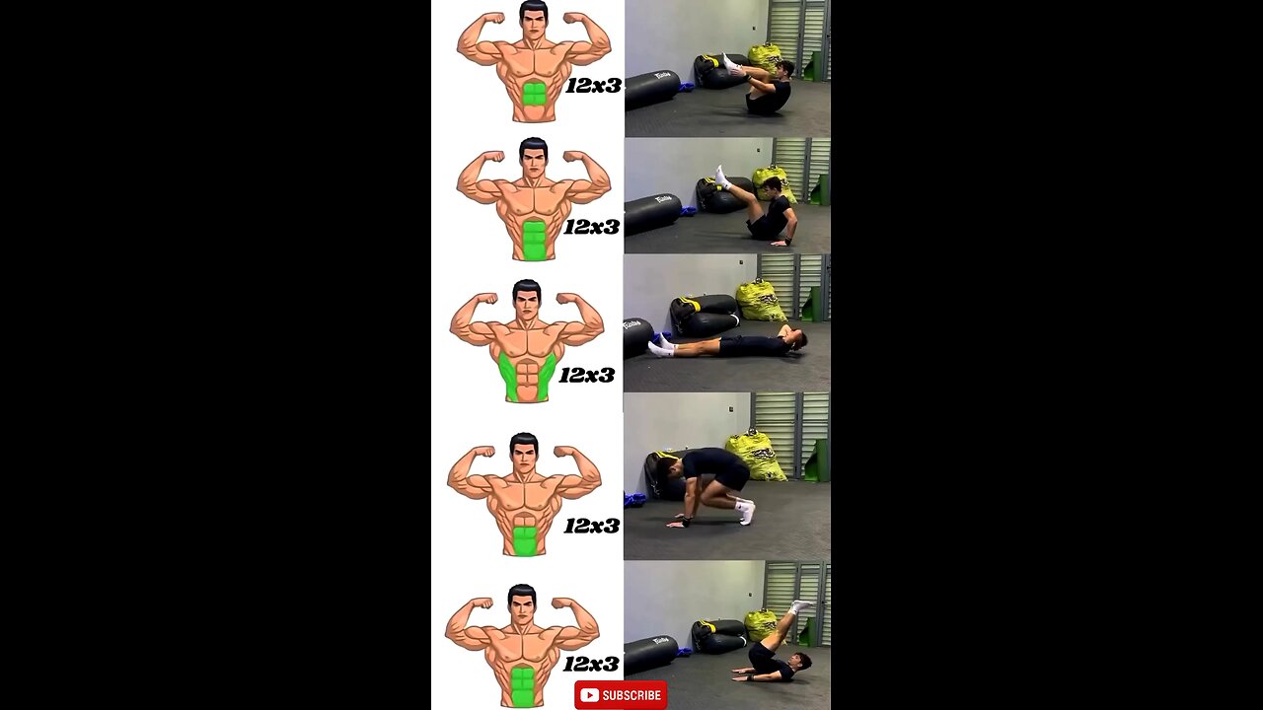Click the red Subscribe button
point(621,695)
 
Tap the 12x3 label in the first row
point(594,86)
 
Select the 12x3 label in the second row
point(592,227)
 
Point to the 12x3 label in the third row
point(587,375)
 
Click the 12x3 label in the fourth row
point(592,526)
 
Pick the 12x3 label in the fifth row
point(591,664)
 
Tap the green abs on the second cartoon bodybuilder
point(534,240)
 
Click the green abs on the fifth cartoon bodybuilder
point(523,686)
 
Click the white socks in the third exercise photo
point(661,345)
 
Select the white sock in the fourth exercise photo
point(745,512)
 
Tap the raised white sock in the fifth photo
point(799,606)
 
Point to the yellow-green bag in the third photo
point(761,300)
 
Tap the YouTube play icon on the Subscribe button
point(589,695)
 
